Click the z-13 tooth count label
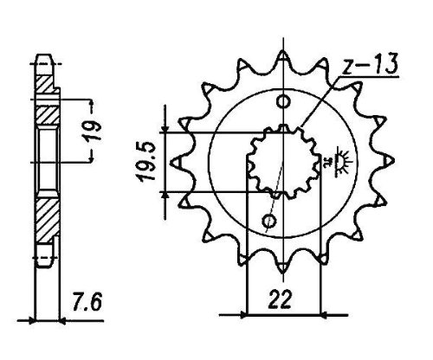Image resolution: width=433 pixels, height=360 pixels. [x=369, y=64]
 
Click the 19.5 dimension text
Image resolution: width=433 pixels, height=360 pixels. [x=147, y=162]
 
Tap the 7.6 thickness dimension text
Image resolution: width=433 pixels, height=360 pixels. [x=87, y=301]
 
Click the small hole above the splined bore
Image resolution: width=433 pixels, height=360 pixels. [x=283, y=101]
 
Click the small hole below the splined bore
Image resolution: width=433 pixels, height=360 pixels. [x=269, y=222]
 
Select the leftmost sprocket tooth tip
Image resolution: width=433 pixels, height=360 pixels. [x=171, y=162]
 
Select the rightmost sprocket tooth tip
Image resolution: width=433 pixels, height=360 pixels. [x=395, y=161]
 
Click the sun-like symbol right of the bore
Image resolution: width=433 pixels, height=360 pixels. [x=341, y=161]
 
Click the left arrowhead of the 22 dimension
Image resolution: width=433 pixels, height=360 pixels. [x=243, y=315]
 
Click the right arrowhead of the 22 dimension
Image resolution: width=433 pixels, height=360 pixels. [x=325, y=315]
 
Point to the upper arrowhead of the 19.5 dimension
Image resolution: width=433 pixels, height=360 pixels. [x=165, y=129]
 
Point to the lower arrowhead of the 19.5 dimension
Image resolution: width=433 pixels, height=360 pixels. [x=165, y=195]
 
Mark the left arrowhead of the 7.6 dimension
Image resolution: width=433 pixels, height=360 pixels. [x=32, y=320]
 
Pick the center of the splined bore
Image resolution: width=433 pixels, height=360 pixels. [x=284, y=162]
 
